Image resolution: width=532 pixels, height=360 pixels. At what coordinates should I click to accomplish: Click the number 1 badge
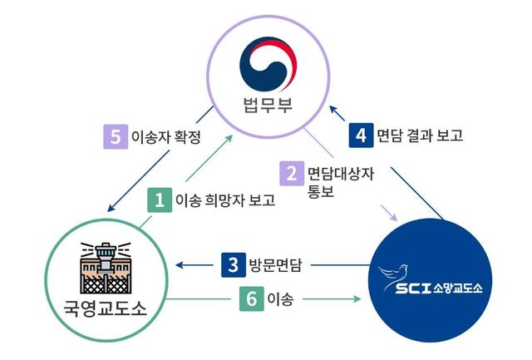click(158, 200)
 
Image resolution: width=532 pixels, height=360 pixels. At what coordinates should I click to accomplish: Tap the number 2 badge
click(292, 174)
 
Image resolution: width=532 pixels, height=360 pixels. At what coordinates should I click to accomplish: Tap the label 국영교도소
click(105, 309)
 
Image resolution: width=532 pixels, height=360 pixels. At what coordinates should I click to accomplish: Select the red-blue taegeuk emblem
click(268, 63)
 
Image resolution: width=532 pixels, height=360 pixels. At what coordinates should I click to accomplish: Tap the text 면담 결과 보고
click(420, 134)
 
